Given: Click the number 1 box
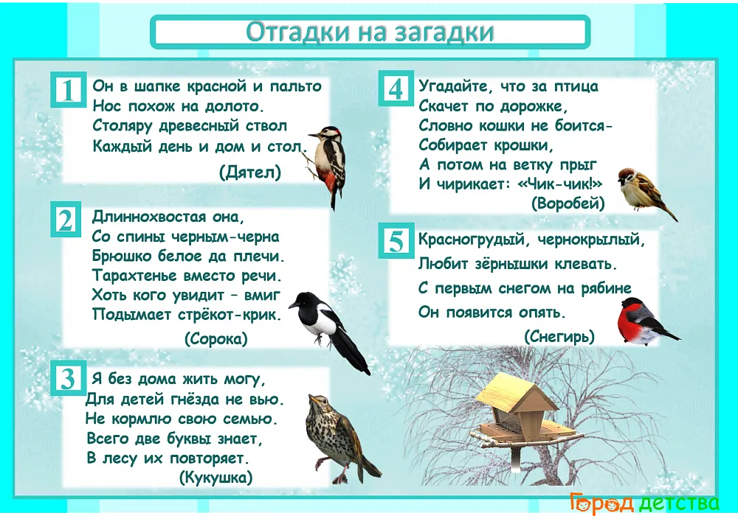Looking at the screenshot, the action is pos(69,89).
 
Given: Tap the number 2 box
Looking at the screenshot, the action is pos(66,219).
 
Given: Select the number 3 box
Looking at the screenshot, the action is pos(68,378).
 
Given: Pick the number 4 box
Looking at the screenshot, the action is pos(396,88).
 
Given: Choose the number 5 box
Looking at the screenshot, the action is pos(396,240).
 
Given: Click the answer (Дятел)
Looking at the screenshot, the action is pos(250,172).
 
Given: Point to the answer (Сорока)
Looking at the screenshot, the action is pos(216,338).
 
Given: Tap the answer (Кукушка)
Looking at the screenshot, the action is pos(216,478).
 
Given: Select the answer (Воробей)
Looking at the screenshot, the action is pos(568,203).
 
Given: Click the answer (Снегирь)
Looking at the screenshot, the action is pos(559,336).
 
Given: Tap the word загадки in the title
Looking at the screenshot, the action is pos(444,32).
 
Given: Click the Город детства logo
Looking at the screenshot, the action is pos(644,503).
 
